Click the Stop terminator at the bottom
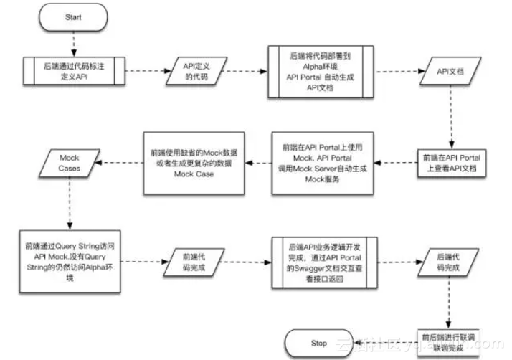point(319,343)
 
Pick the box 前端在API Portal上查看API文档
point(452,164)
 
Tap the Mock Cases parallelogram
point(70,164)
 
